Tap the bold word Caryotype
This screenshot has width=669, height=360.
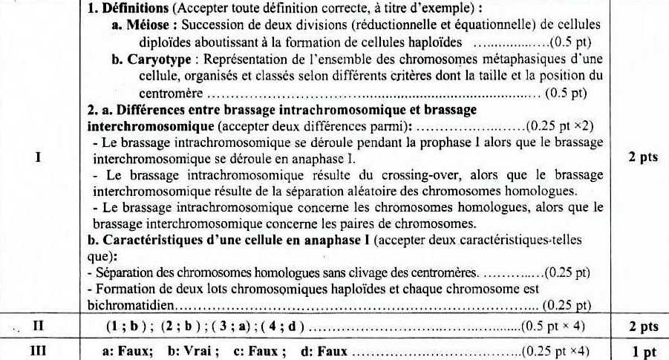tap(154, 59)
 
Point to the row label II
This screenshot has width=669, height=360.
tap(39, 326)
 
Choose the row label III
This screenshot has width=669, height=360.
tap(39, 350)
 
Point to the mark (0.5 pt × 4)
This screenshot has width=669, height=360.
tap(553, 326)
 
